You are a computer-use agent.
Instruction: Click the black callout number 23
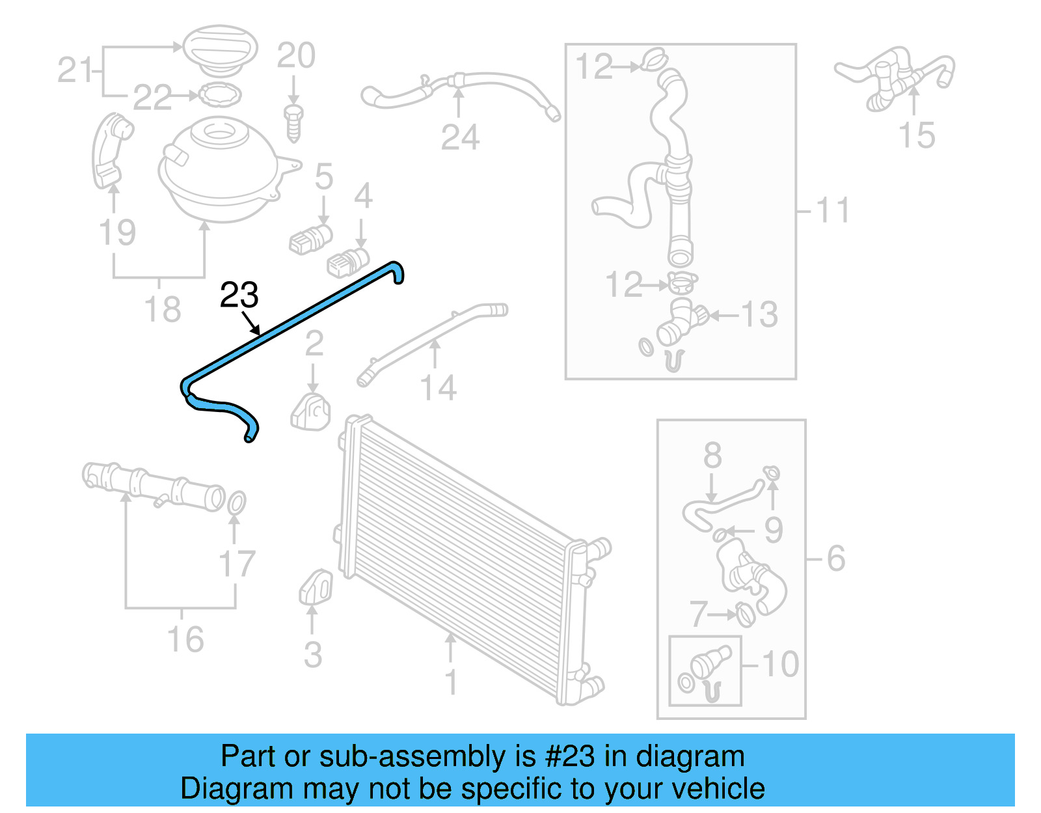pos(239,295)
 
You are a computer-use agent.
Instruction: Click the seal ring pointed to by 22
pos(219,95)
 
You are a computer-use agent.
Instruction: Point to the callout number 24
pos(459,137)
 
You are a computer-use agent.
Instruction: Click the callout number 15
pos(916,135)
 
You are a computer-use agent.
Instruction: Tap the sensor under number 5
pos(311,239)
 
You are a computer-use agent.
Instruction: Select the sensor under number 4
pos(348,262)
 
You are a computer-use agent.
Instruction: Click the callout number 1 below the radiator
pos(451,682)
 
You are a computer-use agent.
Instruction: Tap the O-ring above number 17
pos(237,503)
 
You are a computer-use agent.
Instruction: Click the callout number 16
pos(185,639)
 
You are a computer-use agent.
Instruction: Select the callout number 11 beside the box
pos(832,211)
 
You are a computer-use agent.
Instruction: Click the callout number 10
pos(780,665)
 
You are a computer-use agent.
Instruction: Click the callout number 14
pos(438,388)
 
